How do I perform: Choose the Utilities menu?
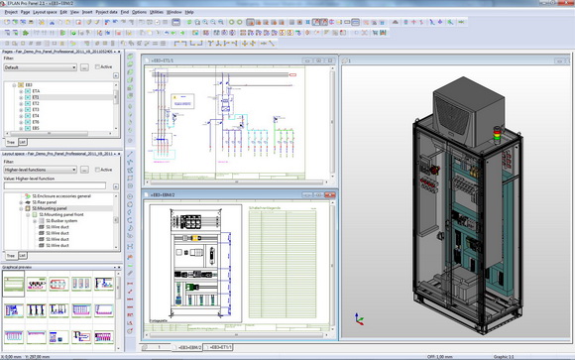tap(157, 12)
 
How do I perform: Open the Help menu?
tap(189, 12)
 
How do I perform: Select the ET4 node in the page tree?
tap(36, 115)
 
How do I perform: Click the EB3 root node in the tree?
tap(29, 84)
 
